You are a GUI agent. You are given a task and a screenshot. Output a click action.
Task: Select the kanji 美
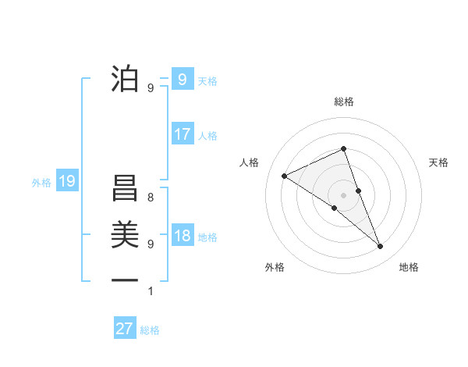click(x=125, y=233)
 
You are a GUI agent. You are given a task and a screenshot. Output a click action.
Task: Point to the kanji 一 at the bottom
click(x=125, y=279)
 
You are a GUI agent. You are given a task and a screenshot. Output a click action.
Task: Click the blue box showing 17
click(x=182, y=134)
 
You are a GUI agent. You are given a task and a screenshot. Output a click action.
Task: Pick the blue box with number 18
click(x=182, y=236)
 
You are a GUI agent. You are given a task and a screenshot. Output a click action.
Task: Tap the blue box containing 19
click(x=67, y=182)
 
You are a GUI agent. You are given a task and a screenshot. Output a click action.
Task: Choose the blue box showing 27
click(x=125, y=329)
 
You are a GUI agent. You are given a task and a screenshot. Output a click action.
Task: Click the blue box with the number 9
click(x=182, y=79)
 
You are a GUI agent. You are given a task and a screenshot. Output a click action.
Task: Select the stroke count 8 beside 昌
click(x=151, y=198)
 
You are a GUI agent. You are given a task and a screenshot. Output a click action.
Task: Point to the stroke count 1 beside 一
click(x=151, y=291)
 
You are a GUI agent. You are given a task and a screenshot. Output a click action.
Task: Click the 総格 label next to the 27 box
click(x=150, y=330)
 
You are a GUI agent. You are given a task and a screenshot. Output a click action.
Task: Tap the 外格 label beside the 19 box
click(x=41, y=183)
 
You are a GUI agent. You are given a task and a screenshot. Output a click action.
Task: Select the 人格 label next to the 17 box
click(x=207, y=136)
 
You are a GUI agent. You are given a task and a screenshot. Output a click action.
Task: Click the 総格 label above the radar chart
click(x=343, y=102)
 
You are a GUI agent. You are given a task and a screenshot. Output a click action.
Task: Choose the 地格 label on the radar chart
click(x=409, y=267)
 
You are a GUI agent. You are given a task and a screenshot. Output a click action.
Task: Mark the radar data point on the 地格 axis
click(x=381, y=247)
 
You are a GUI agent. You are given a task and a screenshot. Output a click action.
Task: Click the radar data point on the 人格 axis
click(x=285, y=176)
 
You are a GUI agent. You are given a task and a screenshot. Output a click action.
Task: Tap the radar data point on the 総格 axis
click(x=343, y=148)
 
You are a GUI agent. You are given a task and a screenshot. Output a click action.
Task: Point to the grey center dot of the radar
click(x=343, y=194)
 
